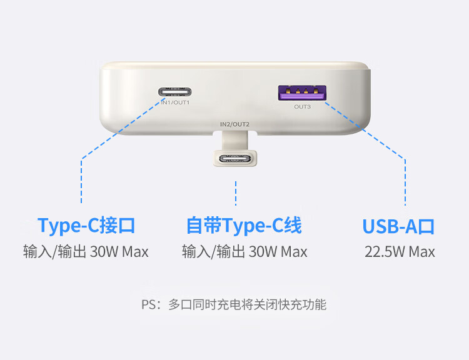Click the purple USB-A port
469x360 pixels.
click(302, 92)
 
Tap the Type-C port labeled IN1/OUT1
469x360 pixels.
click(175, 92)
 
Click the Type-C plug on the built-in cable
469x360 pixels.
click(234, 158)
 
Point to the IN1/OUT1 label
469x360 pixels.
click(175, 102)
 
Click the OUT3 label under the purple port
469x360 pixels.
click(302, 107)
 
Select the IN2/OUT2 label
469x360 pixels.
click(234, 124)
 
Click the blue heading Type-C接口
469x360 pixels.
click(86, 226)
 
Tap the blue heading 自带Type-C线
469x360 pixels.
click(244, 226)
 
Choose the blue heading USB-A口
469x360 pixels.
click(398, 226)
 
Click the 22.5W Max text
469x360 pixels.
click(400, 252)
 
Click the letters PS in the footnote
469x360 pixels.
click(148, 304)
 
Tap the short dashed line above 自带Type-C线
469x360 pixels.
click(236, 193)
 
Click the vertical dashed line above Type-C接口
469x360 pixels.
click(81, 181)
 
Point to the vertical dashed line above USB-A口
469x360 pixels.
click(405, 182)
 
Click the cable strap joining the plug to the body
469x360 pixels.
click(234, 141)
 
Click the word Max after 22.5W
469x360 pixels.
click(421, 252)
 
